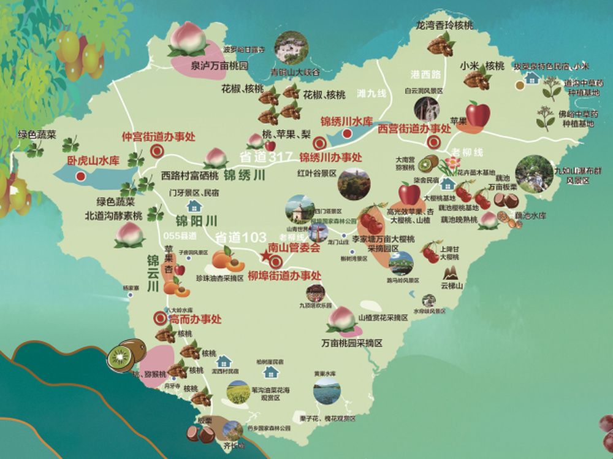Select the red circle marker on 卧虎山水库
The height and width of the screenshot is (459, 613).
80,176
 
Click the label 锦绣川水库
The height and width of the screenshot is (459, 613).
346,121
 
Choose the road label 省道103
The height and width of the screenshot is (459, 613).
240,237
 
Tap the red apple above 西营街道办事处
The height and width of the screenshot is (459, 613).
478,114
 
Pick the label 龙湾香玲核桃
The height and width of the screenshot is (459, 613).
444,26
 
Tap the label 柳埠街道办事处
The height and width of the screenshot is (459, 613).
284,275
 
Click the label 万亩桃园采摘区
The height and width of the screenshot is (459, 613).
351,343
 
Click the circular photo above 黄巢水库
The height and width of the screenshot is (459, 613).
326,391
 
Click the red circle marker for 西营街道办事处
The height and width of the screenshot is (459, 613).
435,142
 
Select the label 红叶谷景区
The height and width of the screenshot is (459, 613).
317,173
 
